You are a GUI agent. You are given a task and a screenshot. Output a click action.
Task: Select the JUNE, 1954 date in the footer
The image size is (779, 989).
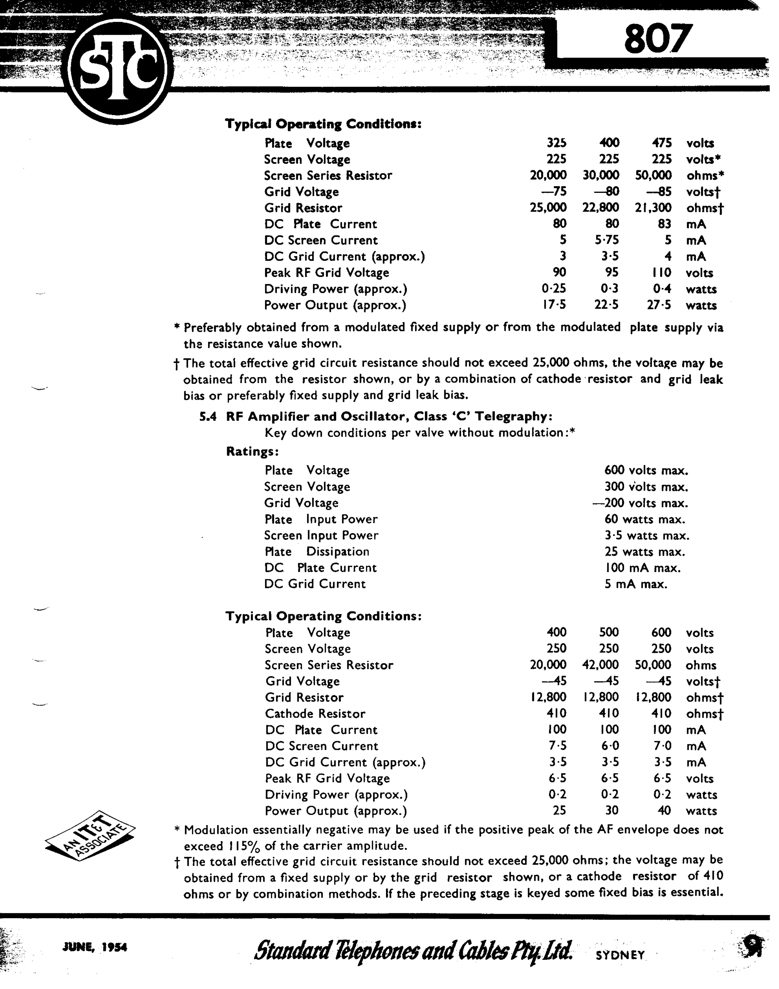click(94, 947)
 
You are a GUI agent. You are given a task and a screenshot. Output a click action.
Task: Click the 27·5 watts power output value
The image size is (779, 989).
click(659, 305)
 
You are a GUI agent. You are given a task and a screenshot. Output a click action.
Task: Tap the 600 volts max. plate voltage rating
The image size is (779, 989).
click(646, 471)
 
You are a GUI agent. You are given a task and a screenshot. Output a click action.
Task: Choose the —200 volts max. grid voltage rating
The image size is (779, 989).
click(640, 503)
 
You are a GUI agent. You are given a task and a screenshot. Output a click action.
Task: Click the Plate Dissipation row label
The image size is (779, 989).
click(317, 552)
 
